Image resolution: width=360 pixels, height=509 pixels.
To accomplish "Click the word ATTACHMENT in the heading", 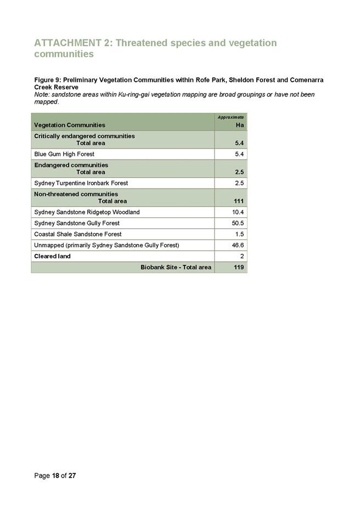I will click(x=67, y=43).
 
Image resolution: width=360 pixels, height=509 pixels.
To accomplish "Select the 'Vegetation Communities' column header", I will click(x=70, y=125).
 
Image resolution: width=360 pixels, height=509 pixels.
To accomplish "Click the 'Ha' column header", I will click(x=239, y=125).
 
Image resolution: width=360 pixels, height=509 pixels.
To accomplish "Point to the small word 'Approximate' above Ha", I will click(x=230, y=117).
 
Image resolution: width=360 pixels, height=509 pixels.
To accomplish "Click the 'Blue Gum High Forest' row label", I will click(x=64, y=154).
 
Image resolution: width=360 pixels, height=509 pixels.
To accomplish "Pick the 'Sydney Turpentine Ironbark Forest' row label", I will click(x=81, y=183).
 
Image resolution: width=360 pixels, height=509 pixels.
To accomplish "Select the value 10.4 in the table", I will click(x=238, y=212).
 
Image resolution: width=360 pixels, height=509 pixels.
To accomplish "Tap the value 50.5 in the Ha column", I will click(x=238, y=223).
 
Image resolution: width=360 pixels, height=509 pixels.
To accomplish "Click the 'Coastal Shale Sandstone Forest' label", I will click(x=78, y=234).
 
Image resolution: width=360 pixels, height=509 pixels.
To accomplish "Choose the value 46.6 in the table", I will click(x=238, y=245).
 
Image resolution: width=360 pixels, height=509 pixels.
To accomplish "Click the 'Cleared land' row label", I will click(x=52, y=256).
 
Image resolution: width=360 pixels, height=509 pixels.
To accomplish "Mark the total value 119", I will click(x=239, y=268).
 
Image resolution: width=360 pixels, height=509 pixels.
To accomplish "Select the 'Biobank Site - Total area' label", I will click(x=176, y=268).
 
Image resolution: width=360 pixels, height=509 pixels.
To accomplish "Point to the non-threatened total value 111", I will click(x=239, y=201).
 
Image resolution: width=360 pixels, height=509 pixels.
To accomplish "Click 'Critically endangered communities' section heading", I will click(x=85, y=136).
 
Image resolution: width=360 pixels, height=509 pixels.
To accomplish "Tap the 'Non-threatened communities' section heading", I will click(x=76, y=194).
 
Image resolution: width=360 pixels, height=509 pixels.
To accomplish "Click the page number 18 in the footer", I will click(x=56, y=476).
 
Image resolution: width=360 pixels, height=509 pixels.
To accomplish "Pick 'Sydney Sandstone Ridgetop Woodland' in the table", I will click(x=87, y=212).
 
